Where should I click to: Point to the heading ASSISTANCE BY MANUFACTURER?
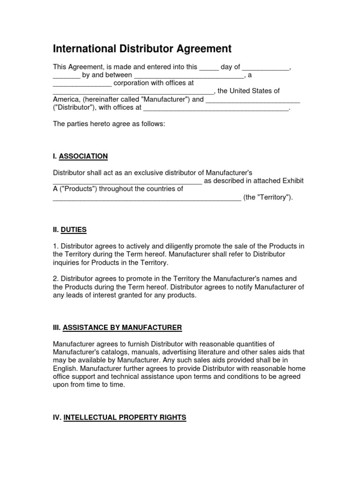tap(122, 327)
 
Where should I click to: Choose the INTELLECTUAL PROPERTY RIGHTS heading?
tap(125, 417)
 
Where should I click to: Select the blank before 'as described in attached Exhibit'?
tap(127, 181)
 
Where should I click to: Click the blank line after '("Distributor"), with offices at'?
tap(216, 108)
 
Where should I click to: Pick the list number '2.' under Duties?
tap(56, 279)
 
